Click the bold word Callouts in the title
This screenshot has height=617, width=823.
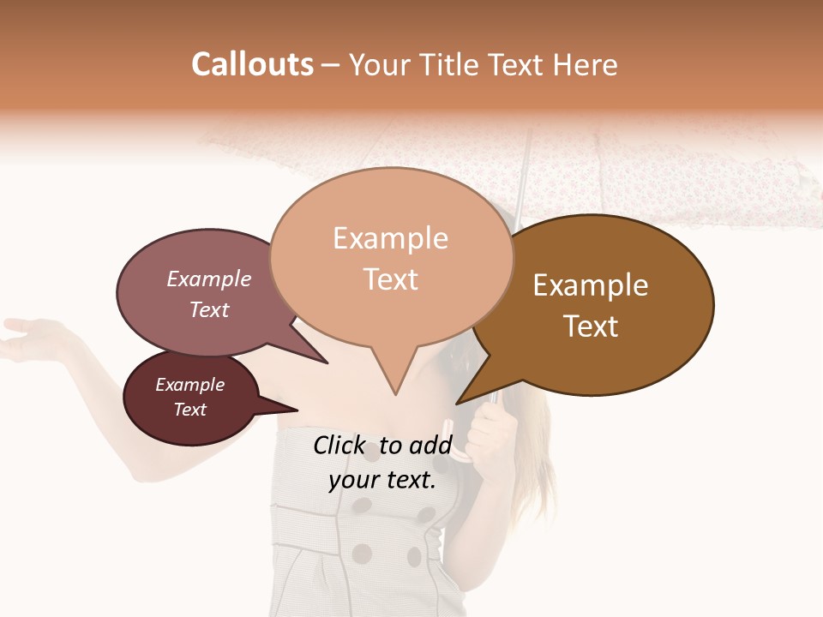click(x=252, y=64)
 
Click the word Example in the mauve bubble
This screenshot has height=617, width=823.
click(x=209, y=279)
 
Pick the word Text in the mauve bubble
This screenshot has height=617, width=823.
click(x=209, y=309)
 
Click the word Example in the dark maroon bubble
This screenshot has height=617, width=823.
click(x=189, y=385)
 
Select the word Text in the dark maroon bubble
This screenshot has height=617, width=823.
click(x=189, y=410)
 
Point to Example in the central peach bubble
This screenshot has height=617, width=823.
click(x=390, y=238)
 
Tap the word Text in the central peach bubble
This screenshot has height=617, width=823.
click(x=390, y=279)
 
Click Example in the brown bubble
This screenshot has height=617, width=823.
click(x=591, y=285)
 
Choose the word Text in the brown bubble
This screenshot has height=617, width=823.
click(x=591, y=326)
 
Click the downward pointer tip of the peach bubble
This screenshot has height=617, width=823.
click(x=394, y=394)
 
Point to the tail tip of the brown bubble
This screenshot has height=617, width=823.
click(x=458, y=403)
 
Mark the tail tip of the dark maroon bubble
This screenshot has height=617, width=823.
click(x=297, y=410)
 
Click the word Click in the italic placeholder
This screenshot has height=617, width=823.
click(x=340, y=445)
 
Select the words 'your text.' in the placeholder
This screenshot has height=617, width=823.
click(x=381, y=481)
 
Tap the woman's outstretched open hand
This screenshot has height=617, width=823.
click(x=34, y=336)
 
